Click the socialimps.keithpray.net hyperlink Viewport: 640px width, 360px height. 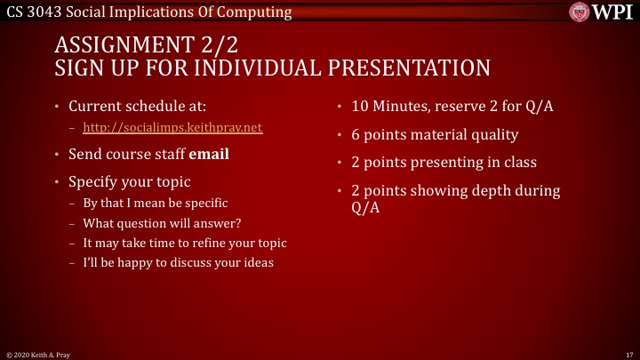(172, 127)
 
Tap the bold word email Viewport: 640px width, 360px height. (208, 154)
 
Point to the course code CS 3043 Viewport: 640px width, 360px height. (31, 12)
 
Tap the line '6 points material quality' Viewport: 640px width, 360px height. (435, 135)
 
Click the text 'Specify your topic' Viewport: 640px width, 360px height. (130, 181)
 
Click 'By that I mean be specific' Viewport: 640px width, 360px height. (156, 203)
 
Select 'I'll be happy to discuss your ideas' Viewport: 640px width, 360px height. (178, 262)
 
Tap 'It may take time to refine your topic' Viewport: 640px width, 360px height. (184, 243)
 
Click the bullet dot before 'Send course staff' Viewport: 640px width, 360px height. (57, 154)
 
